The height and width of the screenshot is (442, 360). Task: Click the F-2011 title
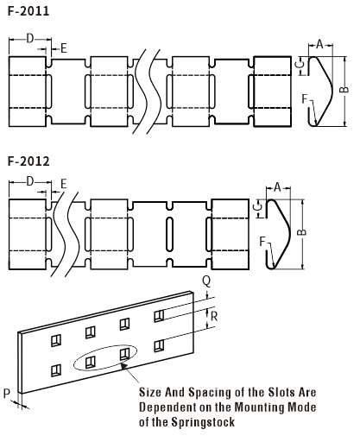pos(28,11)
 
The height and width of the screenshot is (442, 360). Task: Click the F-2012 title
pos(28,161)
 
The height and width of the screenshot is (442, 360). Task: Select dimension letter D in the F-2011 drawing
pos(30,38)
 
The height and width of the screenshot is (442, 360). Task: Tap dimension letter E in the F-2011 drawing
pos(64,48)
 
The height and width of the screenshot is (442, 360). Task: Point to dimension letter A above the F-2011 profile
pos(319,44)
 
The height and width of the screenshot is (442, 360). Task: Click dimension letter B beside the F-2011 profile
pos(344,90)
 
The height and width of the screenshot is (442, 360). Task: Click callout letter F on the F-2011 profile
pos(305,98)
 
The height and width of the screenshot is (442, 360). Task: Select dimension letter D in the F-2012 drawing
pos(30,181)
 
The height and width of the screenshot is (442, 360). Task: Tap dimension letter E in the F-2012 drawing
pos(64,184)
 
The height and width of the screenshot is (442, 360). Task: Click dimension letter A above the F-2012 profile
pos(277,187)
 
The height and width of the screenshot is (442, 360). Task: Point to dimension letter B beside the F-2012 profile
pos(301,232)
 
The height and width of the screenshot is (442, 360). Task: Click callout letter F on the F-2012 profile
pos(262,242)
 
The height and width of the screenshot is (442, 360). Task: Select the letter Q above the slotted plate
pos(206,281)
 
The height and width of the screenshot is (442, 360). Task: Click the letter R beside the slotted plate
pos(214,316)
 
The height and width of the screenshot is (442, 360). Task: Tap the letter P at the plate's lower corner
pos(7,394)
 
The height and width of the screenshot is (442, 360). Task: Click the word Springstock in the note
pos(203,422)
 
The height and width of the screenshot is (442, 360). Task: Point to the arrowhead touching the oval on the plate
pos(123,366)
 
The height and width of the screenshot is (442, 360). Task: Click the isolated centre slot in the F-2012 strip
pos(170,234)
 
